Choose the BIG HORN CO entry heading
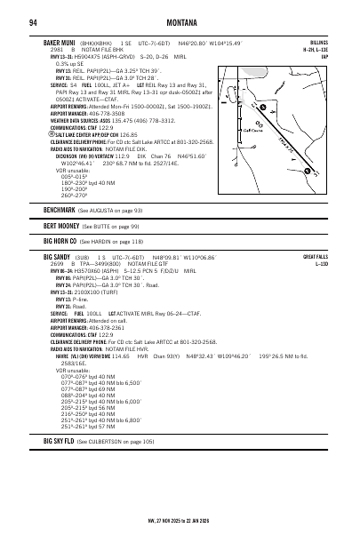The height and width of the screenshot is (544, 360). tap(60, 241)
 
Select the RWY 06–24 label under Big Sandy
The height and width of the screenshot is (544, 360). tap(64, 271)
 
